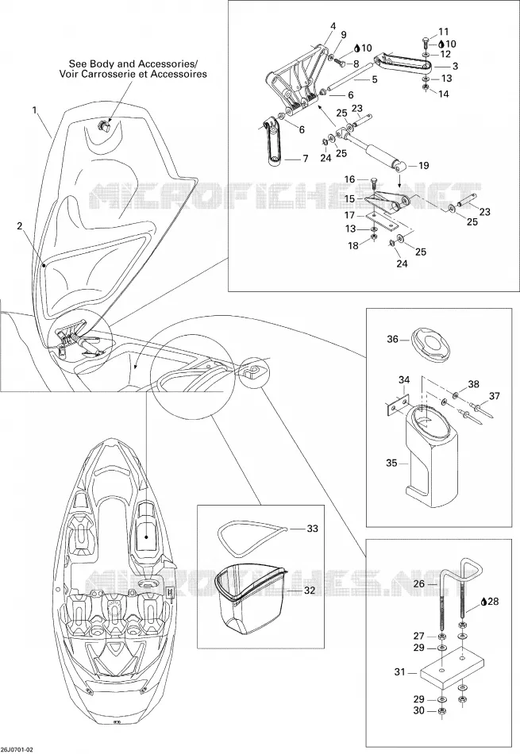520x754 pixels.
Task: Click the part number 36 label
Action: (392, 339)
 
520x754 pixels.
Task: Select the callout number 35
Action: (391, 463)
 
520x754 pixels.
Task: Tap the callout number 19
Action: (423, 165)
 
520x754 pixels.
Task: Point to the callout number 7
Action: (305, 158)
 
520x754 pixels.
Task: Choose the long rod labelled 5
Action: (351, 77)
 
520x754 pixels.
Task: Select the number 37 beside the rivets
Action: (494, 396)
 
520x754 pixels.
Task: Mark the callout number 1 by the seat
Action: (35, 110)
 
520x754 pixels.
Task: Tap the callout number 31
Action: (400, 671)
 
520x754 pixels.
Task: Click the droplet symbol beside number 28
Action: (484, 602)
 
